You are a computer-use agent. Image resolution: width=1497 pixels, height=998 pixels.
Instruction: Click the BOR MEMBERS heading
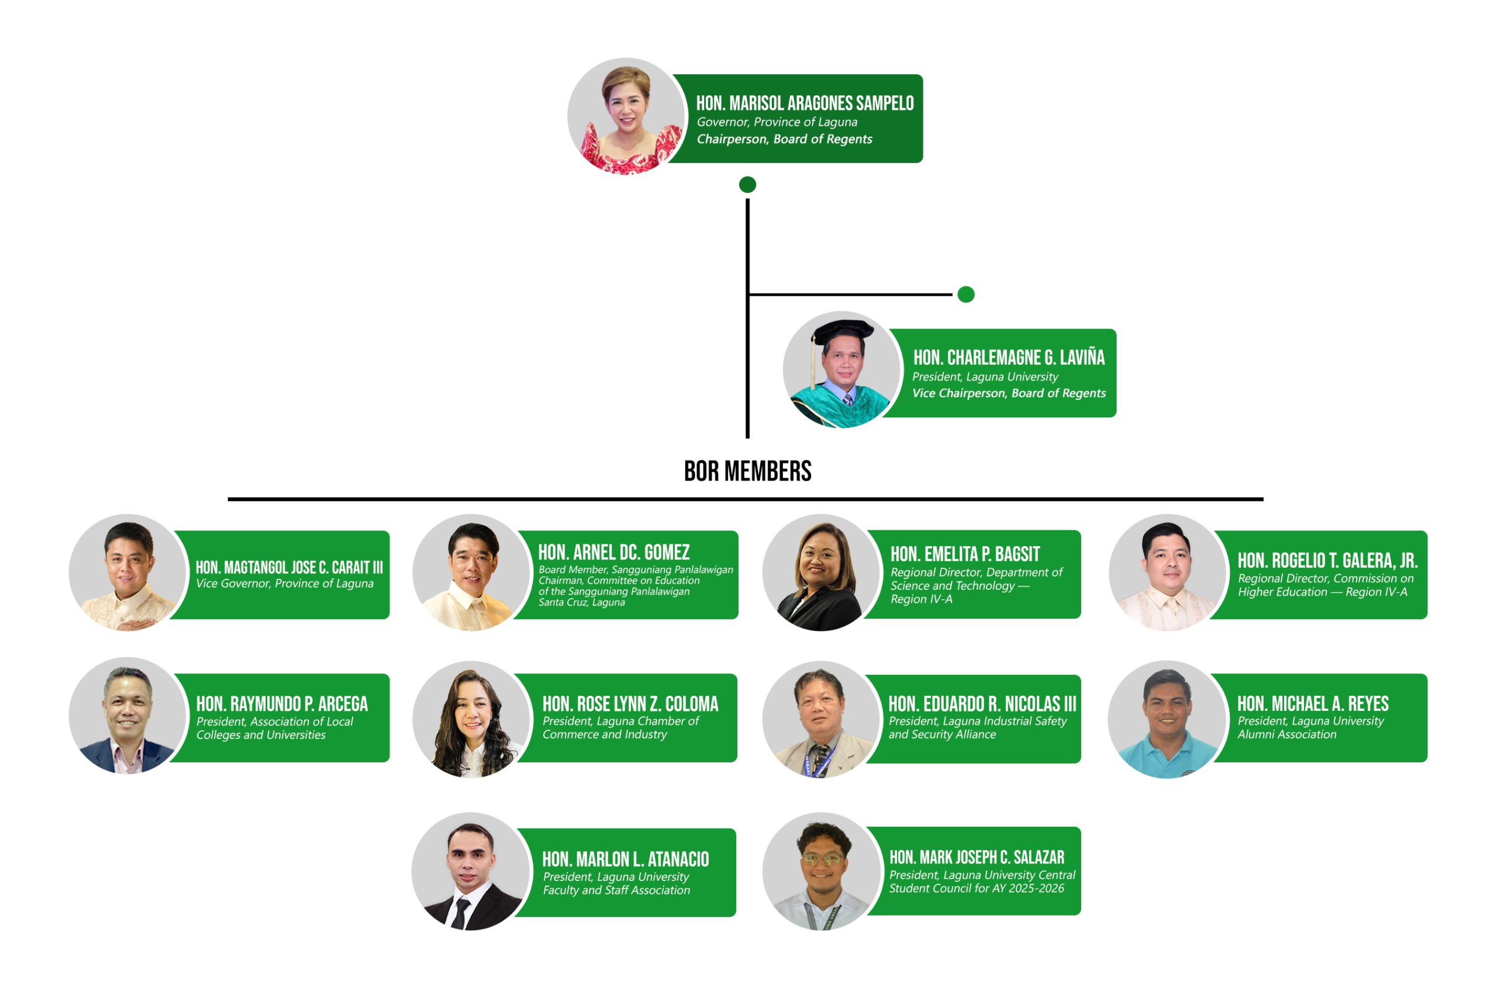pyautogui.click(x=747, y=472)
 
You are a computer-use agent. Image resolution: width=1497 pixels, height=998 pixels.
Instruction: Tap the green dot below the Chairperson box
pyautogui.click(x=747, y=185)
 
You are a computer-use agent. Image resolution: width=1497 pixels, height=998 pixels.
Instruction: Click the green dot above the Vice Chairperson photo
pyautogui.click(x=965, y=294)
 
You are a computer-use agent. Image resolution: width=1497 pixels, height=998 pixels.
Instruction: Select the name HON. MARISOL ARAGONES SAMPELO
pyautogui.click(x=805, y=103)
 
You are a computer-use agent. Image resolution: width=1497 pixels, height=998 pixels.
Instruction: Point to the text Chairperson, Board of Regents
pyautogui.click(x=784, y=139)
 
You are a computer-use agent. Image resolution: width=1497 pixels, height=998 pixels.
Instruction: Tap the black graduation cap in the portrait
pyautogui.click(x=843, y=330)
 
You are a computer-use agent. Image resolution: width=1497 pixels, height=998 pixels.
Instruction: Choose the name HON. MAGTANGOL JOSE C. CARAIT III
pyautogui.click(x=289, y=567)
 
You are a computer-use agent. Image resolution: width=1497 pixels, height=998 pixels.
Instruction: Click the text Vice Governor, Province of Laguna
pyautogui.click(x=285, y=583)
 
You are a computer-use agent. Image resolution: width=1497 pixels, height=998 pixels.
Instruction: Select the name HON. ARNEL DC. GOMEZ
pyautogui.click(x=613, y=552)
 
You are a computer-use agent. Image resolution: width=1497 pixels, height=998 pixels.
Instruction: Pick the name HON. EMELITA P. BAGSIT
pyautogui.click(x=965, y=554)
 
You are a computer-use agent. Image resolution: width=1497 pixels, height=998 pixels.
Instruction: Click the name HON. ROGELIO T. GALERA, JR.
pyautogui.click(x=1327, y=560)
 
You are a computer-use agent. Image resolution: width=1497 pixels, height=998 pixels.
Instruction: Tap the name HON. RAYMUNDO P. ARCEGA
pyautogui.click(x=282, y=704)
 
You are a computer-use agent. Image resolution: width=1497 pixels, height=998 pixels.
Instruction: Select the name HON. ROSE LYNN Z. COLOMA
pyautogui.click(x=630, y=704)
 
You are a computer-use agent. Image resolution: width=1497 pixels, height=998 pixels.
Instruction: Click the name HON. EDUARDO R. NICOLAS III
pyautogui.click(x=982, y=704)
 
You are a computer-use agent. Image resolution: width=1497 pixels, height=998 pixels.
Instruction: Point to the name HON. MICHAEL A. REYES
pyautogui.click(x=1312, y=703)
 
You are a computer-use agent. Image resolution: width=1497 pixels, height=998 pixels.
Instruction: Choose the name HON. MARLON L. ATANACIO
pyautogui.click(x=625, y=859)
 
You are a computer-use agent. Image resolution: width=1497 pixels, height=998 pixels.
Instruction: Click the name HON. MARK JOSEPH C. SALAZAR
pyautogui.click(x=977, y=857)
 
